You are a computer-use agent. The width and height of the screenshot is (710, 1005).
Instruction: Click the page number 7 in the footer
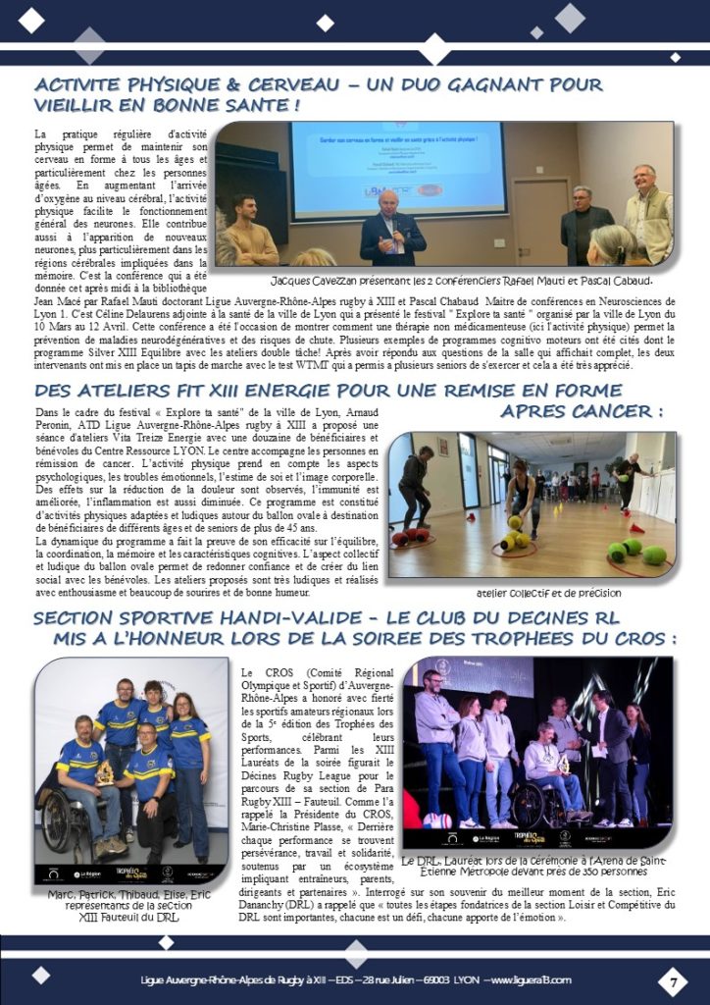click(674, 980)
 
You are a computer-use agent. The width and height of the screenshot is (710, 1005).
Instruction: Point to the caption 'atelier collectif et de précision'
click(548, 593)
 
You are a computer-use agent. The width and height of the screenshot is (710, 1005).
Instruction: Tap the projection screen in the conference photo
click(397, 168)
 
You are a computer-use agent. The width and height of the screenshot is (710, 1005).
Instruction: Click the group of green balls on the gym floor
click(636, 552)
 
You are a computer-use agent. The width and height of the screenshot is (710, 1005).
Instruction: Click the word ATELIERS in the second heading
click(121, 391)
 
